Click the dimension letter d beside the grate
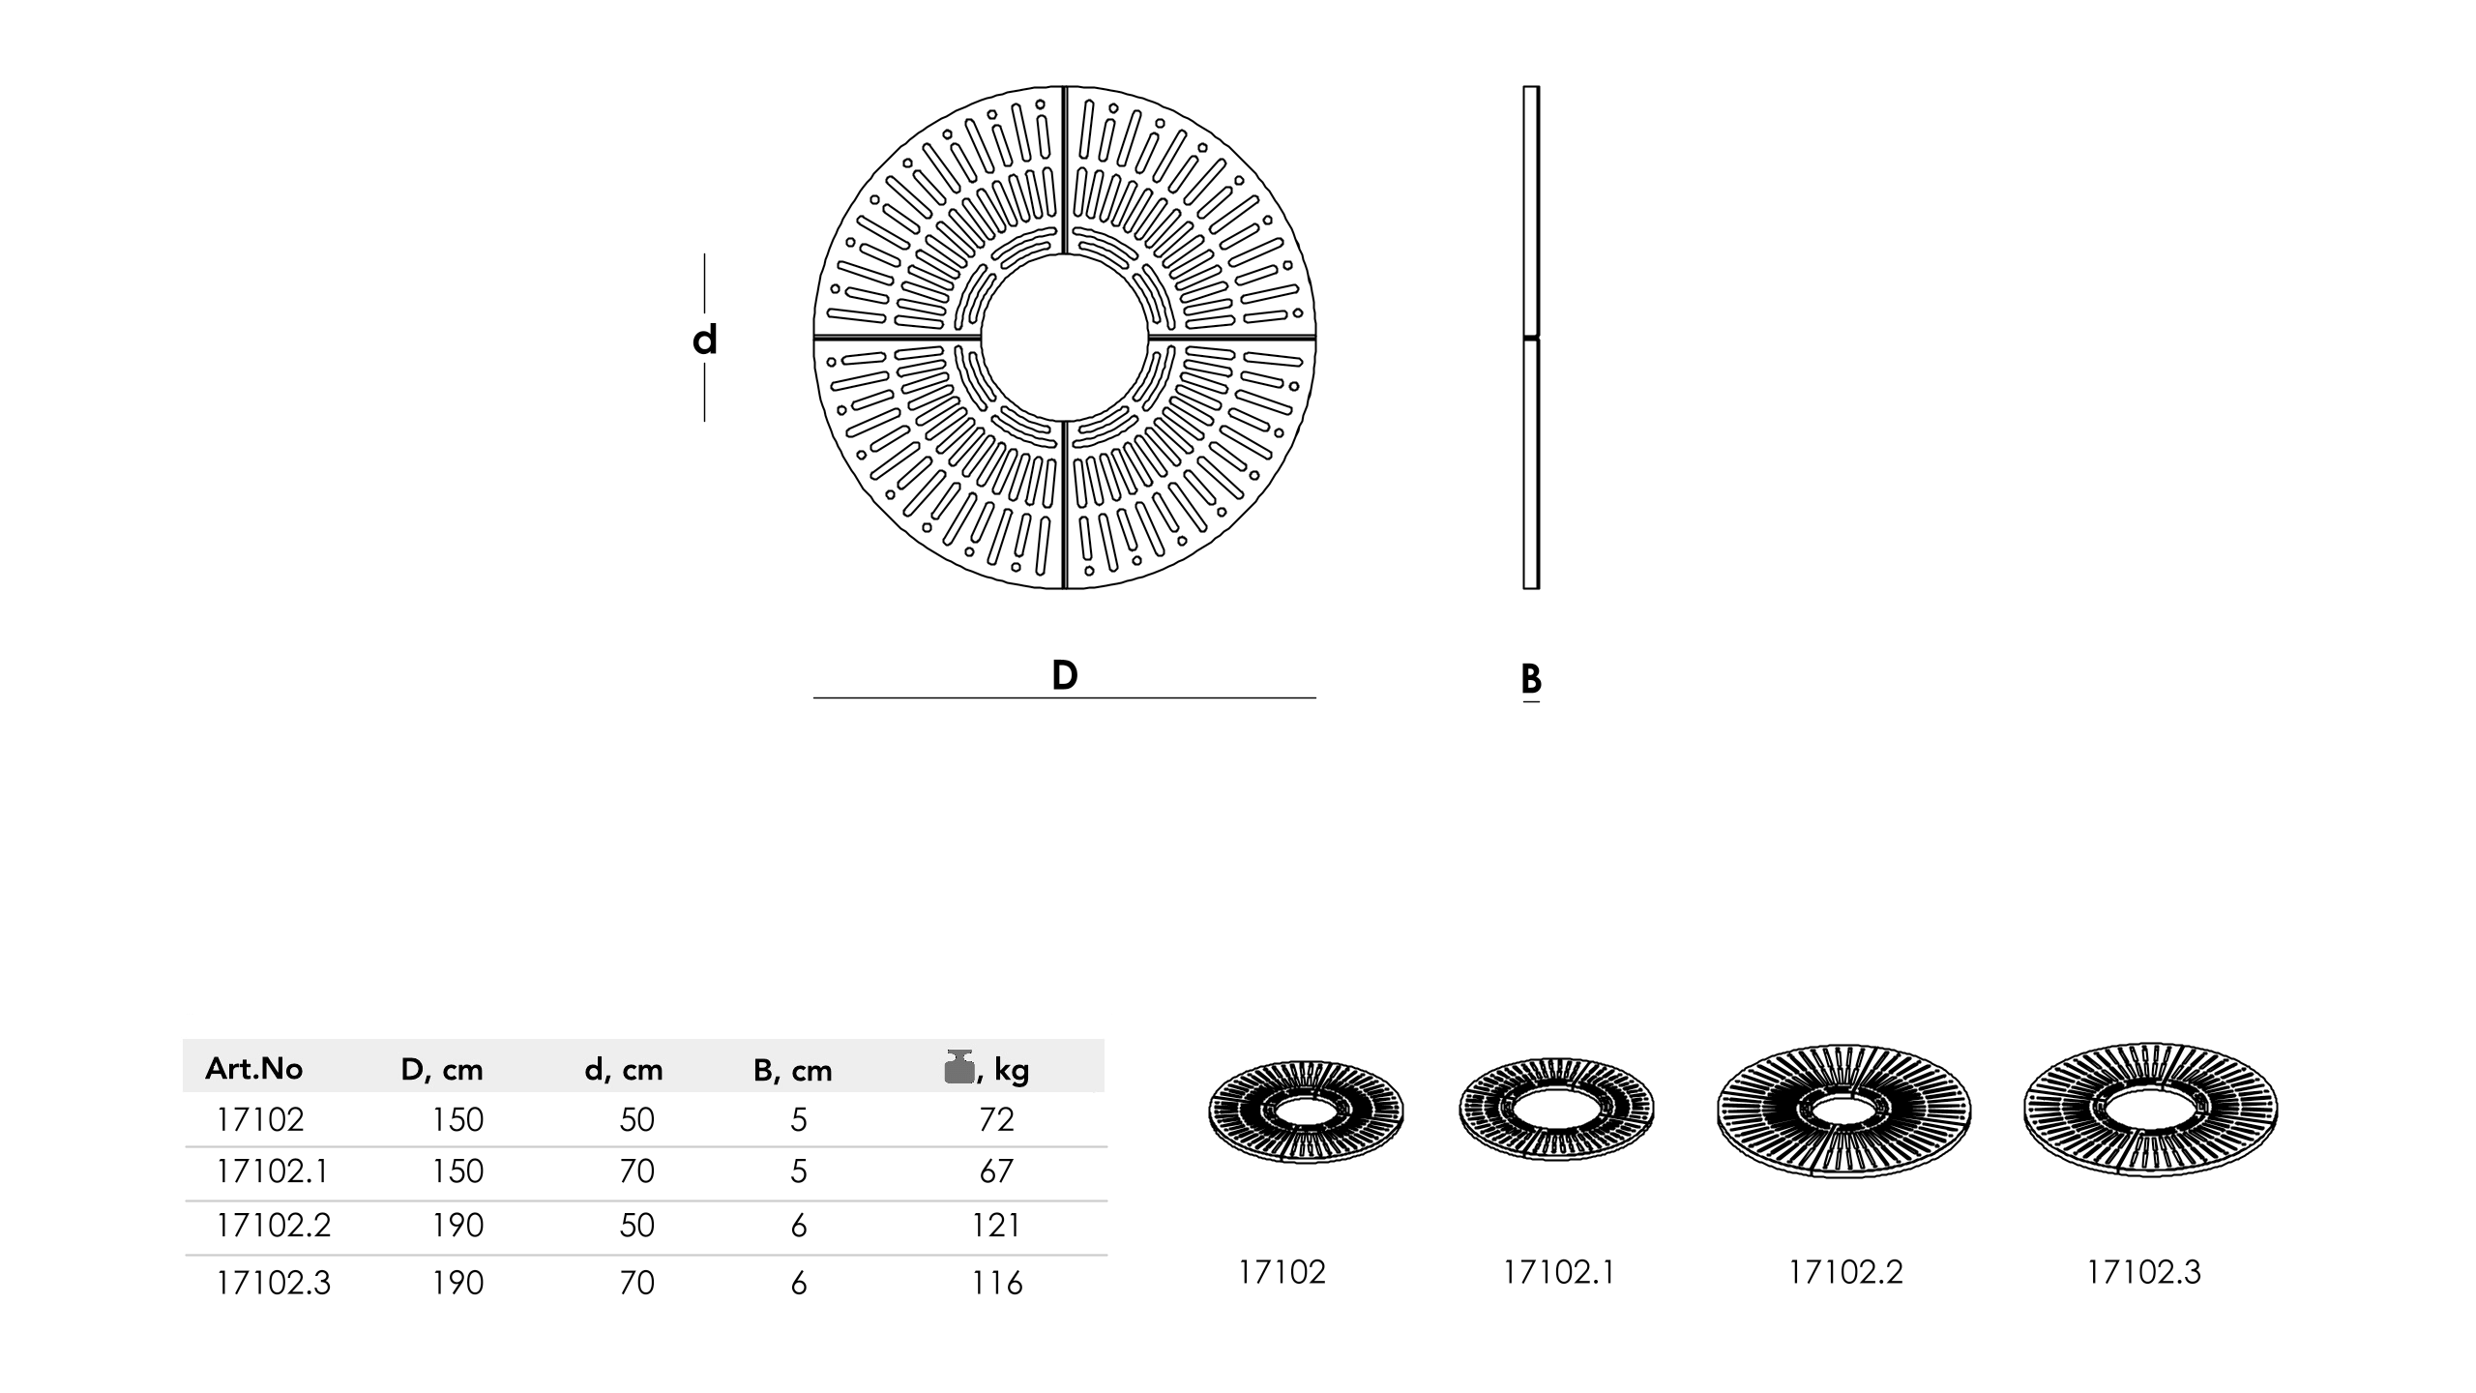coord(704,341)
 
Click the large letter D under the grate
coord(1064,675)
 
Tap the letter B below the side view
coord(1530,679)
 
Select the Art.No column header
coord(253,1069)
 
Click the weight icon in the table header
coord(958,1067)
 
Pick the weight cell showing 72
coord(996,1119)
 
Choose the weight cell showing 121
coord(996,1226)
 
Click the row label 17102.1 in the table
coord(273,1171)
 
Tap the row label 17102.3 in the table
coord(274,1283)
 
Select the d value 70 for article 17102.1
coord(636,1171)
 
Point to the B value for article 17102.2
coord(798,1226)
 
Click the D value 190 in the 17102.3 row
coord(457,1283)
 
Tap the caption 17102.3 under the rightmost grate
coord(2143,1272)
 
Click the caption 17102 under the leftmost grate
coord(1282,1272)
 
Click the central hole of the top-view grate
coord(1064,338)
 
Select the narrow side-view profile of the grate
coord(1530,338)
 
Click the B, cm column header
coord(792,1070)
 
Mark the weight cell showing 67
coord(996,1171)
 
